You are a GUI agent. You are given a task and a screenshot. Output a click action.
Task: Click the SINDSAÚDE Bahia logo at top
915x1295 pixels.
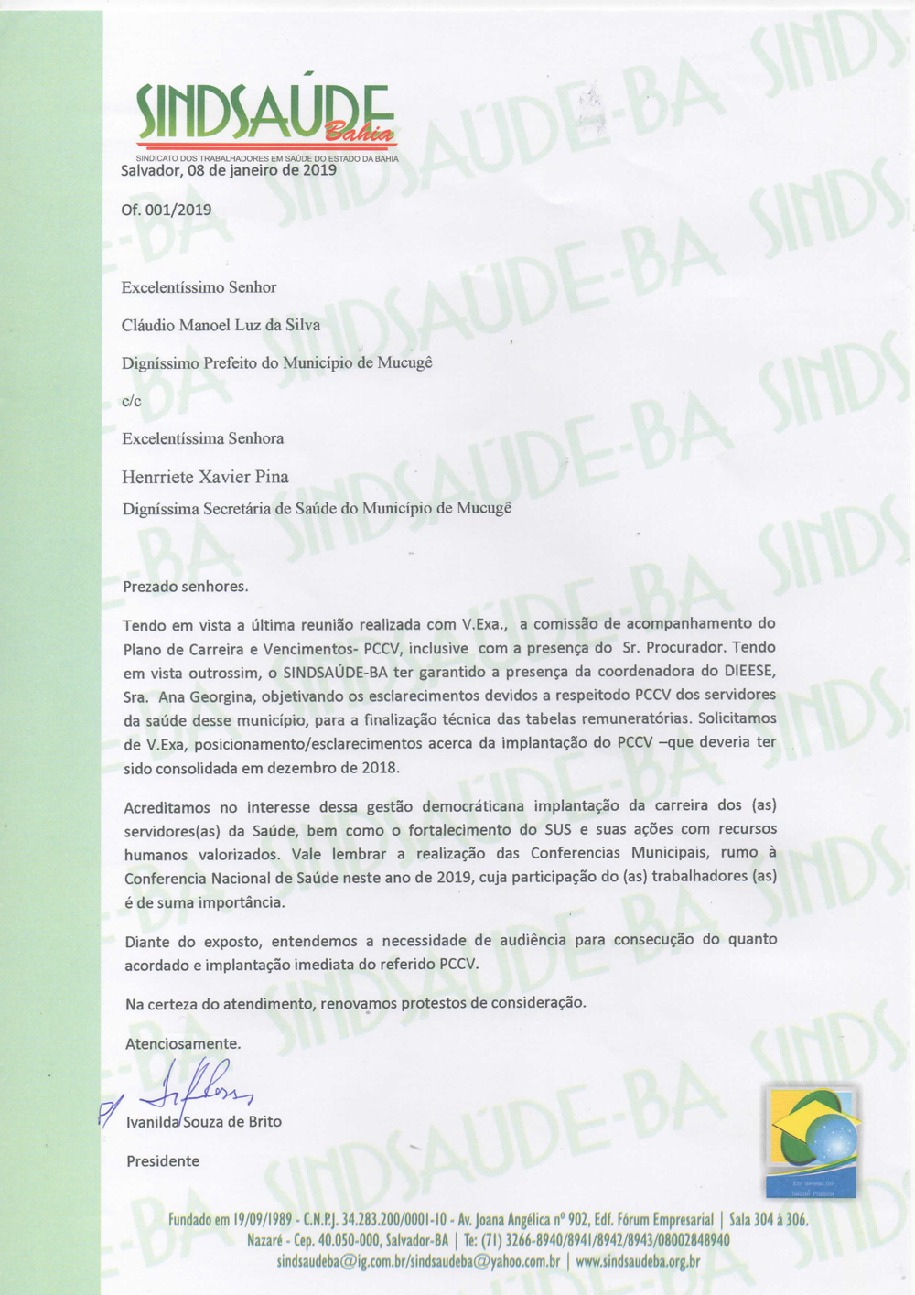point(265,117)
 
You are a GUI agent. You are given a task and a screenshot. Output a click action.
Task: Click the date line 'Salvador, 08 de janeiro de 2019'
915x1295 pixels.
point(229,170)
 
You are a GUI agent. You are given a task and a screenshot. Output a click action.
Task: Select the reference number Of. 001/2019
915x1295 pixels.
point(167,210)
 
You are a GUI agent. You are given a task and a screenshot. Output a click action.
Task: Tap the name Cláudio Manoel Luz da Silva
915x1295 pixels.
point(221,325)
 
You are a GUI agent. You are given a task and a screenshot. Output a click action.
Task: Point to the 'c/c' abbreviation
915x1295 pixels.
point(132,401)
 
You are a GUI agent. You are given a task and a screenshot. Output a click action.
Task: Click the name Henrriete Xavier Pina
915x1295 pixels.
point(205,477)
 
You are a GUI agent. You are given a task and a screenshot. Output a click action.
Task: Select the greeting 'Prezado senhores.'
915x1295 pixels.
point(186,587)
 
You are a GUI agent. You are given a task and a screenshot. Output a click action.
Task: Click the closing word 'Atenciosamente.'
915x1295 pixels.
point(183,1043)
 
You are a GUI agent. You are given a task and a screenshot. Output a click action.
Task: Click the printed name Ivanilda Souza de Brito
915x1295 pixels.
point(204,1122)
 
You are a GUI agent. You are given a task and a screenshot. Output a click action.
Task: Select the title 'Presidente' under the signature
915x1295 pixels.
point(163,1161)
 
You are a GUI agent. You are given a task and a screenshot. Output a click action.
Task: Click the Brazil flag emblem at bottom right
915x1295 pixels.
point(812,1141)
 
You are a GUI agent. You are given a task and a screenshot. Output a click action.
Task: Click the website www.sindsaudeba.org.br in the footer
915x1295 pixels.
point(638,1261)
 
